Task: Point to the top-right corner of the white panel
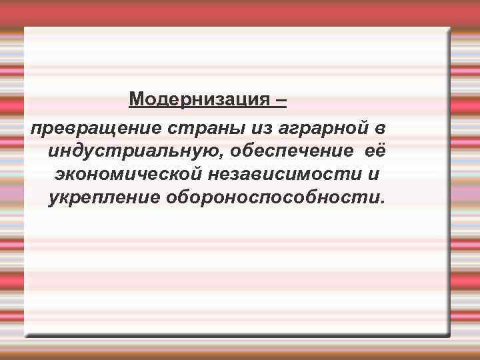tap(449, 28)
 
